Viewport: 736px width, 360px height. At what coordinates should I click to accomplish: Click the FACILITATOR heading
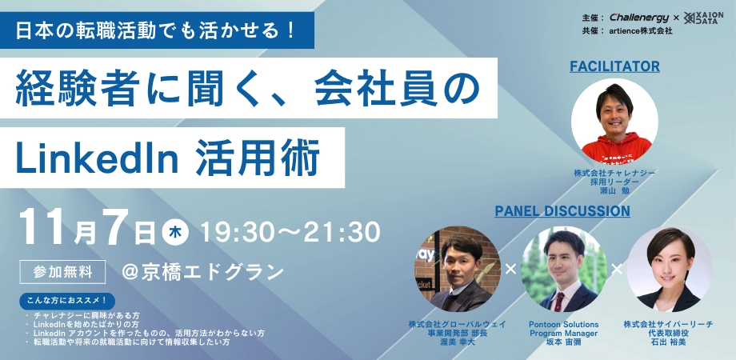click(x=614, y=66)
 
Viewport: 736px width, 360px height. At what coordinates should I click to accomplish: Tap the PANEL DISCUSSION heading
click(x=562, y=211)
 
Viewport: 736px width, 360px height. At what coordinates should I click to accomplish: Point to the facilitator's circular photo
click(x=614, y=122)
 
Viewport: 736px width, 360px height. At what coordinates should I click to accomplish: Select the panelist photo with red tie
click(x=563, y=270)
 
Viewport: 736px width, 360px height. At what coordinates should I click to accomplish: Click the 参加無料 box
click(x=63, y=271)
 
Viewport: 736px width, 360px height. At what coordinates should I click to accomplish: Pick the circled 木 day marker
click(x=174, y=232)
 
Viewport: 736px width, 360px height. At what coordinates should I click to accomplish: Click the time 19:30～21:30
click(x=290, y=232)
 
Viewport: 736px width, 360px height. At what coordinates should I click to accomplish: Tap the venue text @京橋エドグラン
click(x=202, y=271)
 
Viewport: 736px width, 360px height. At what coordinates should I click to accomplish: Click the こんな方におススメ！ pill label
click(x=66, y=302)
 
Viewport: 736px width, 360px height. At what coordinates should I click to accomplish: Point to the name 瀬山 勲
click(x=614, y=191)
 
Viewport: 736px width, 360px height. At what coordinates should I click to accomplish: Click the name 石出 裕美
click(x=668, y=342)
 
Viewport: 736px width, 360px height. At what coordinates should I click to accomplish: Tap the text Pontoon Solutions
click(x=563, y=324)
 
